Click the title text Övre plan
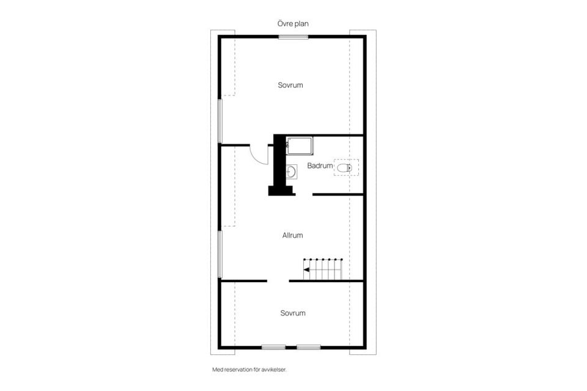293,23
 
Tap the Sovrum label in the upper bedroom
290,85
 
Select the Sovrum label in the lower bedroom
293,313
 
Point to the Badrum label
320,166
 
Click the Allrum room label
292,235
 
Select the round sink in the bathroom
292,172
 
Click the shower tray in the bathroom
300,146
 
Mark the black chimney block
279,165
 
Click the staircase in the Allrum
324,269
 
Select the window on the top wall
293,37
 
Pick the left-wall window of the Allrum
221,254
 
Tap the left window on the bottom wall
273,347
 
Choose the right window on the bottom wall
309,347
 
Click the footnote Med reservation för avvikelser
249,370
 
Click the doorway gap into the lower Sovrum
278,280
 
